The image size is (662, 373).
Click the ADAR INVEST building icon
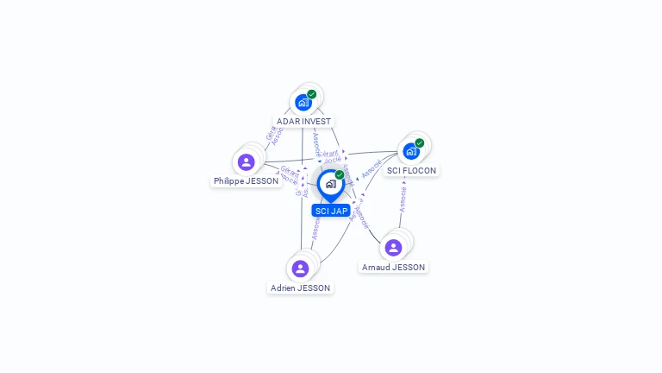click(303, 103)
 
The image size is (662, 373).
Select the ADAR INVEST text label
click(303, 122)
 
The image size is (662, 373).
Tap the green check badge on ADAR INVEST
click(312, 94)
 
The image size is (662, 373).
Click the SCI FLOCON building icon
click(411, 151)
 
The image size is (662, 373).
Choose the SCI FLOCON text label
click(411, 170)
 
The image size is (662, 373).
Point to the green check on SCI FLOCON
click(420, 142)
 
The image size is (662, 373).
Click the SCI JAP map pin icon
click(330, 184)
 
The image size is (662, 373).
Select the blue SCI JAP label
click(331, 211)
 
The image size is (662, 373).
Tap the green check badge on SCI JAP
click(340, 175)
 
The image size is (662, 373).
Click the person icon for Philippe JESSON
click(247, 162)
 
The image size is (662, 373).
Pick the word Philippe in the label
click(229, 181)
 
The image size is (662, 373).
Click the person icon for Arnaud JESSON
click(393, 248)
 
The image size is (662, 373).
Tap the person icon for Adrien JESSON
click(300, 269)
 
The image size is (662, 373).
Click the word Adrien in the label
click(284, 288)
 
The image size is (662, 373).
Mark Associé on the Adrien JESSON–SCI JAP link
click(316, 227)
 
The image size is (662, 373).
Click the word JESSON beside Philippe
click(262, 181)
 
